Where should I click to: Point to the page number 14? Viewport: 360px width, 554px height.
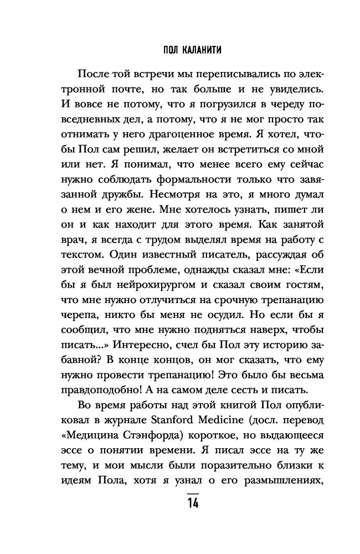(x=193, y=504)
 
